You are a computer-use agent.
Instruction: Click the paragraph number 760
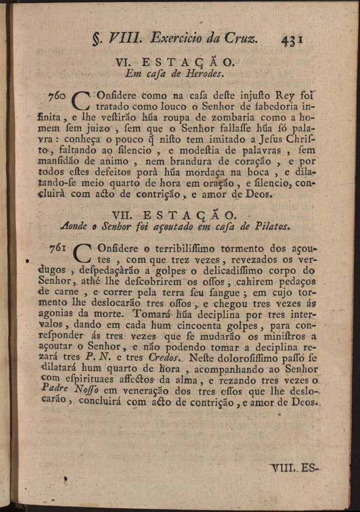point(58,95)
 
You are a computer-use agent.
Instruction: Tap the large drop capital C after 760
point(80,101)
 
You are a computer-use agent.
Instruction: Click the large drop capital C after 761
point(81,253)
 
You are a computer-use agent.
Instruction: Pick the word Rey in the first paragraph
point(284,95)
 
